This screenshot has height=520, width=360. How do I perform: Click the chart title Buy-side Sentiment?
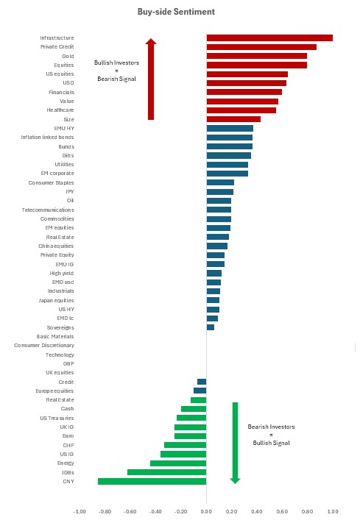pos(176,12)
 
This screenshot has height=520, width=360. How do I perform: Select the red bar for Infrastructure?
pos(269,38)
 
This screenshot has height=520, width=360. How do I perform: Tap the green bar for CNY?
pos(152,481)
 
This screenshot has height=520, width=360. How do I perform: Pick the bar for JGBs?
pos(167,472)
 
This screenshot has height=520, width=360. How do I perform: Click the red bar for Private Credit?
pos(261,47)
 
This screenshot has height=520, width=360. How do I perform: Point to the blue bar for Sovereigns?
pos(211,327)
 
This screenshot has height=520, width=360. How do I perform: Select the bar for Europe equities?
pos(200,391)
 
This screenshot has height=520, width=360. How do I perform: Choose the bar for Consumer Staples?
pos(220,182)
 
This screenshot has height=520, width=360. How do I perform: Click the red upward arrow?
pos(151,79)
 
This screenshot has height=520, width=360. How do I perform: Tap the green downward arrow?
pos(235,443)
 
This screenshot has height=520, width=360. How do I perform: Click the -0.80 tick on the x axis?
pos(105,511)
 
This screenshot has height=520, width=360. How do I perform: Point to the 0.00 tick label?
pos(206,511)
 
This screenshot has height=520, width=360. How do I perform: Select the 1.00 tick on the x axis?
pos(333,511)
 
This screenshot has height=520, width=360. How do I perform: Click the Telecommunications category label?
pos(48,210)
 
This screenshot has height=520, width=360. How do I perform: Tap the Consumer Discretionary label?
pos(44,345)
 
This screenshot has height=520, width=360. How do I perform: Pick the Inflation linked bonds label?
pos(47,138)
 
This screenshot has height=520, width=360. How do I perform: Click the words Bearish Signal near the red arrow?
pos(117,79)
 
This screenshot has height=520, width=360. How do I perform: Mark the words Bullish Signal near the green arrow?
pos(272,443)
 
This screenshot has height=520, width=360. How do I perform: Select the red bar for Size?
pos(233,119)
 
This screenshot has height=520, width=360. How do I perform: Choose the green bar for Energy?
pos(178,463)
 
